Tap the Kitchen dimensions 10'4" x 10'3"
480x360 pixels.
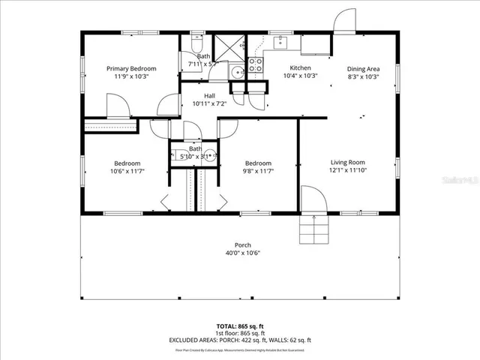(x=300, y=76)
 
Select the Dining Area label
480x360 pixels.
(x=363, y=68)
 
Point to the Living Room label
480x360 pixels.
(x=347, y=162)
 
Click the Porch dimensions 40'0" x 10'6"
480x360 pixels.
(x=242, y=253)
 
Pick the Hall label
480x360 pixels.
(x=210, y=96)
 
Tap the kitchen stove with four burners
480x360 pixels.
(x=255, y=64)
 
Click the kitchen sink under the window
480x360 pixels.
(x=281, y=42)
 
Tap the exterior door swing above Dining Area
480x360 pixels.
(x=345, y=22)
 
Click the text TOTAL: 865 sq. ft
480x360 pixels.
(x=239, y=326)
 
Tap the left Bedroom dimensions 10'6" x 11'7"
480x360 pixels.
(x=127, y=172)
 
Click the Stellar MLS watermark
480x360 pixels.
(x=457, y=181)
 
